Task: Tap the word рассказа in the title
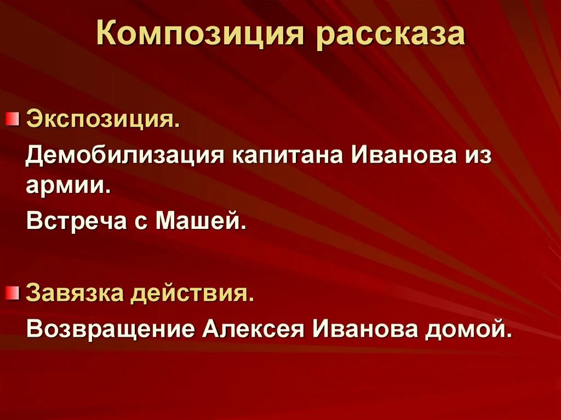(x=390, y=34)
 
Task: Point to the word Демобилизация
(x=125, y=156)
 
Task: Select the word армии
(x=68, y=186)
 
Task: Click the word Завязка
(x=75, y=294)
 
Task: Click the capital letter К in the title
(x=107, y=34)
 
